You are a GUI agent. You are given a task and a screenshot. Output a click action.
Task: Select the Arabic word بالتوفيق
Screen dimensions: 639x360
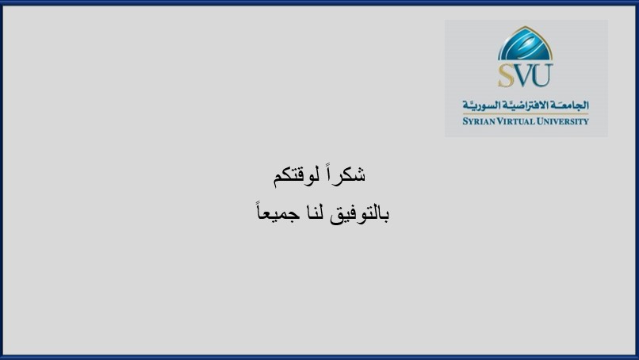(359, 213)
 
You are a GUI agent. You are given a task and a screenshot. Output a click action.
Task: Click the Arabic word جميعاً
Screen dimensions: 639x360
(278, 211)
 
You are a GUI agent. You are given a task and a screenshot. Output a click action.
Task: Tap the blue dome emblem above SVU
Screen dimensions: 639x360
(525, 44)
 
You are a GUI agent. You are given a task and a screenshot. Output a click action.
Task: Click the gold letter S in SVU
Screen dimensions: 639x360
(507, 75)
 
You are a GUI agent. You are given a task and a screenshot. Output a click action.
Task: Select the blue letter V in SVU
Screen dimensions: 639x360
(523, 75)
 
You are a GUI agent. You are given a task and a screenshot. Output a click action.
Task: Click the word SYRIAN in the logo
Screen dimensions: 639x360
(478, 121)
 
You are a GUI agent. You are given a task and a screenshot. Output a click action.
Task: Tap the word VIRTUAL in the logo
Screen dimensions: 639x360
(515, 121)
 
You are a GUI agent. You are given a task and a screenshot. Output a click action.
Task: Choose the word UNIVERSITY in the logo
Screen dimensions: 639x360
(562, 121)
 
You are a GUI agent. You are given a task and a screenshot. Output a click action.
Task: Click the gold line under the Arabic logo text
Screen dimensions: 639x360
(526, 114)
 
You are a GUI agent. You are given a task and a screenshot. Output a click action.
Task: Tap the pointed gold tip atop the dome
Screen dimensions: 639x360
(526, 27)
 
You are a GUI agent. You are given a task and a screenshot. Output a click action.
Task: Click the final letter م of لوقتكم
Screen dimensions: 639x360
(278, 179)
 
